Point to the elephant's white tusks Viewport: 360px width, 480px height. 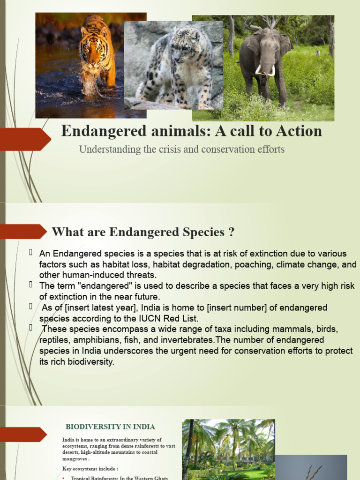(x=264, y=70)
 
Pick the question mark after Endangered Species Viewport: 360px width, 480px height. (x=231, y=232)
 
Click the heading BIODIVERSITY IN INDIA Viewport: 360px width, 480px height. (x=110, y=427)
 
